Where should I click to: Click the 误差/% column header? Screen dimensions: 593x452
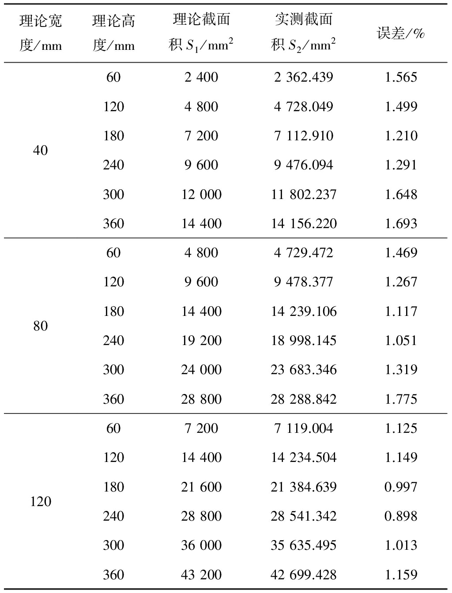[x=400, y=34]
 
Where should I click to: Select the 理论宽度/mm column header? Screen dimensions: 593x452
[x=40, y=33]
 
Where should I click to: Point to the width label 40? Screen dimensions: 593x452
[x=40, y=150]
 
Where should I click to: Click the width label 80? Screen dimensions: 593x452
[x=40, y=326]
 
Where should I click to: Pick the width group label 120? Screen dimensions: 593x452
[x=40, y=502]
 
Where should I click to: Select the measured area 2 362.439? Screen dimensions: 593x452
[x=303, y=77]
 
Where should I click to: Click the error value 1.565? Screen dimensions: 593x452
[x=401, y=77]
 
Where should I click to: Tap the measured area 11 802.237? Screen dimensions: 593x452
[x=303, y=195]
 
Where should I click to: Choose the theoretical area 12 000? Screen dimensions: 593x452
[x=201, y=195]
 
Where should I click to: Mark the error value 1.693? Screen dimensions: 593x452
[x=401, y=224]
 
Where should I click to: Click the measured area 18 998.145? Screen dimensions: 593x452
[x=303, y=341]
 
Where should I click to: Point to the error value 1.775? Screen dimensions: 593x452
[x=401, y=399]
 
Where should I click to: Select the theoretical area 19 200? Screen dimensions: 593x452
[x=201, y=341]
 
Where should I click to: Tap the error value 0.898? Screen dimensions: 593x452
[x=401, y=516]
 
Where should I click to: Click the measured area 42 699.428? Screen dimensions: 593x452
[x=303, y=575]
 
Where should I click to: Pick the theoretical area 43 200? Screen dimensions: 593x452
[x=201, y=575]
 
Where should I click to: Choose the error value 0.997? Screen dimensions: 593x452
[x=401, y=487]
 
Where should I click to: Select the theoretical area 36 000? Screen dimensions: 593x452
[x=201, y=545]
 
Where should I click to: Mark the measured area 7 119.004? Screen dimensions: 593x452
[x=303, y=428]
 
